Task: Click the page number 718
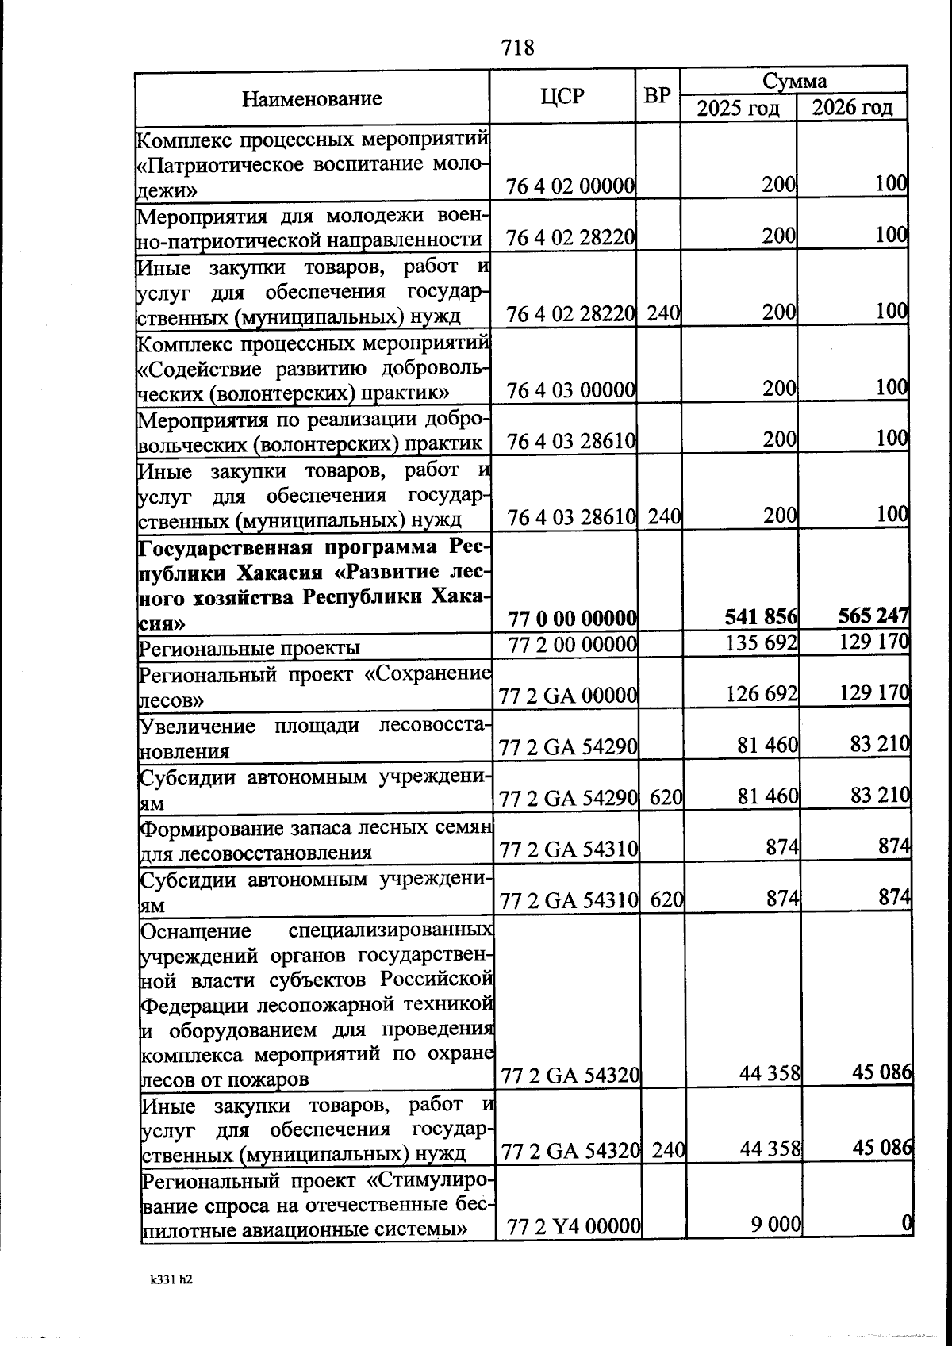518,48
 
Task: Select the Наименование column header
312,99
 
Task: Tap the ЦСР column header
562,97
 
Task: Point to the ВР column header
658,96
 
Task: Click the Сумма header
794,80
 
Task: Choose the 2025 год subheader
738,107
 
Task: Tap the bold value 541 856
761,616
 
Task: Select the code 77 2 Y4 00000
574,1227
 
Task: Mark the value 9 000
776,1224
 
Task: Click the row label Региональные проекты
249,648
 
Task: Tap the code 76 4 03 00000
571,390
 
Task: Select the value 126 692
762,694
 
